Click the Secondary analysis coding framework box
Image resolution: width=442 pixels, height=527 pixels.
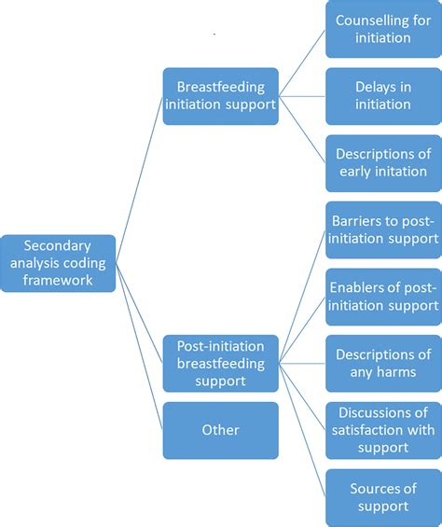[x=58, y=263]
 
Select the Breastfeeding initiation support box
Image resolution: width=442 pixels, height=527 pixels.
[x=220, y=95]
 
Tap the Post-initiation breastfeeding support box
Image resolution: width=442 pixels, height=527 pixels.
[x=220, y=363]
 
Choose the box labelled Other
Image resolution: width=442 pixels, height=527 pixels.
[x=220, y=430]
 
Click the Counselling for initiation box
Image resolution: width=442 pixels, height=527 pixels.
[x=383, y=29]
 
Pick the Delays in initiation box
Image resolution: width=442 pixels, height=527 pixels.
[x=383, y=95]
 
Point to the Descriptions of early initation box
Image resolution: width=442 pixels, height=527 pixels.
[x=383, y=162]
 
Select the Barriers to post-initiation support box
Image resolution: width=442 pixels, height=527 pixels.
[x=383, y=229]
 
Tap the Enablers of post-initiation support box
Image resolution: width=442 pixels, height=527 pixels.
[x=383, y=296]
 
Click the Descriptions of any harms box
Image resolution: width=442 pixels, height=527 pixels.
[x=383, y=363]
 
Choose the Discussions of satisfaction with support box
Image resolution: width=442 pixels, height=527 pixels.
[x=383, y=430]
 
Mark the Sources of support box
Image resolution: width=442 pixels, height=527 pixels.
[x=383, y=497]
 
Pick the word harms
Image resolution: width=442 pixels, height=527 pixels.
[x=395, y=372]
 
